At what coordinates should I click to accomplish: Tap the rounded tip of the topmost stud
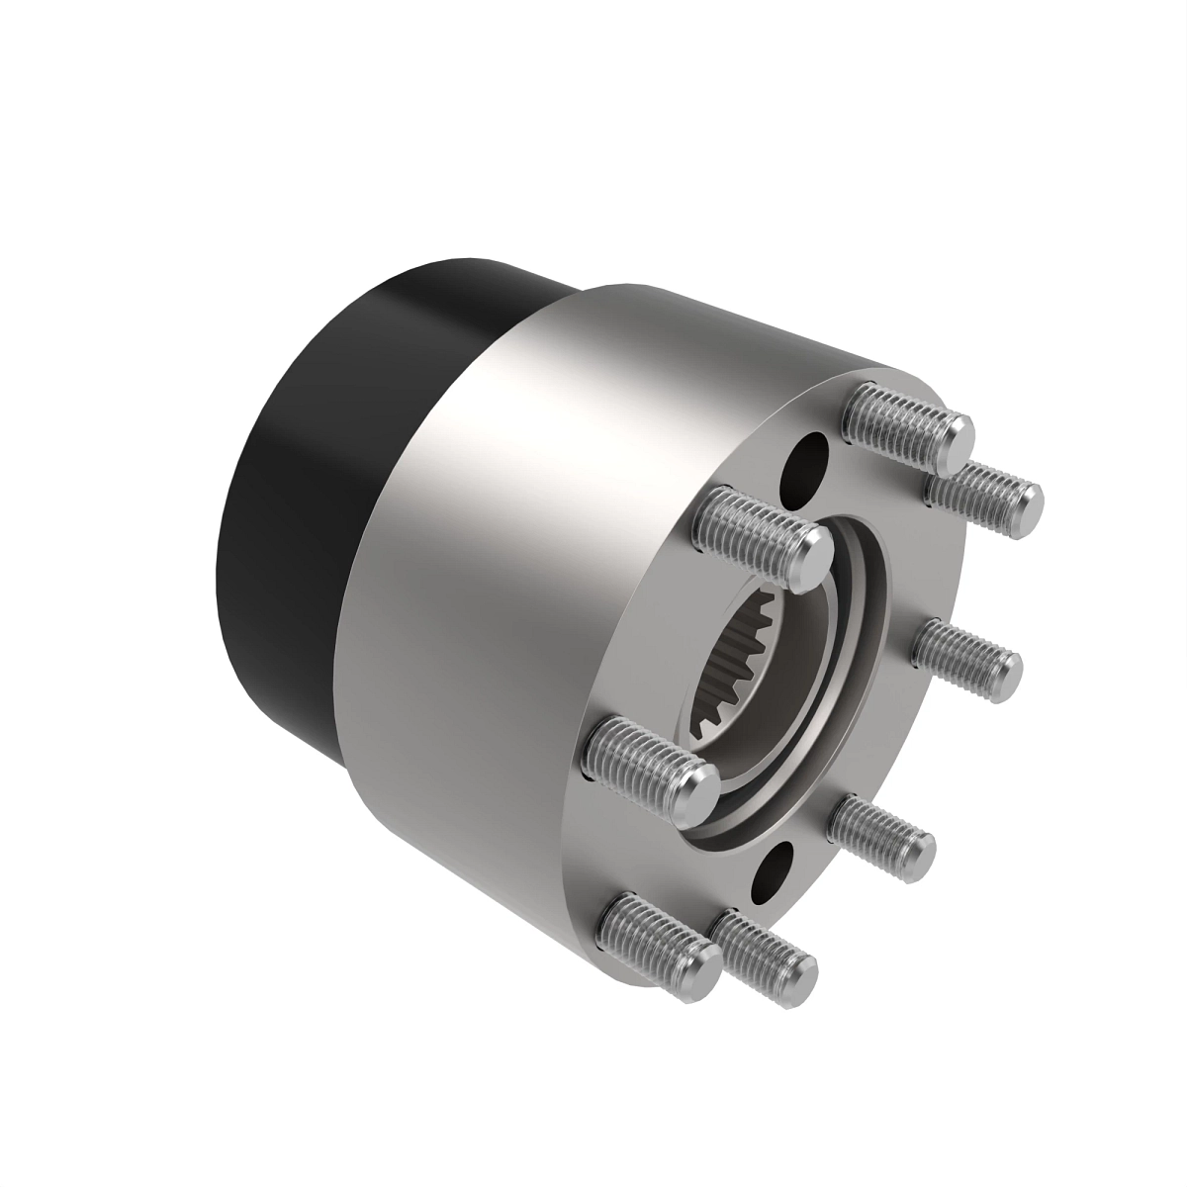(954, 439)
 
